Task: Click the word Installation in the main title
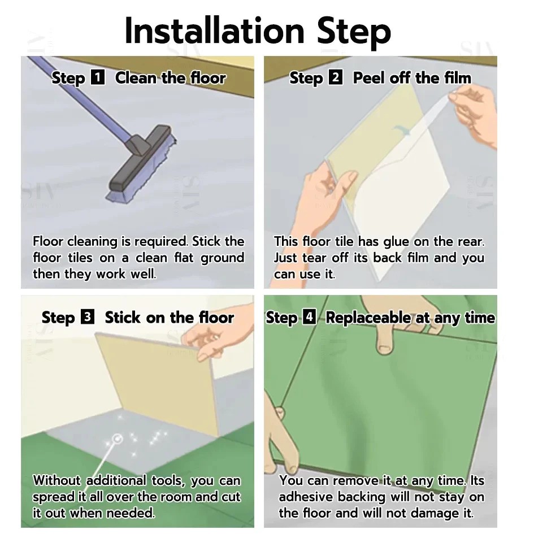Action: coord(215,31)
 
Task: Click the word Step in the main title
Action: coord(354,33)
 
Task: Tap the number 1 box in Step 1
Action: coord(98,77)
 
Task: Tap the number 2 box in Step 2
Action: coord(336,77)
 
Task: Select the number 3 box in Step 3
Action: coord(88,317)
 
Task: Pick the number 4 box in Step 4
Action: coord(310,317)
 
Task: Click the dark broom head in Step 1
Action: coord(140,158)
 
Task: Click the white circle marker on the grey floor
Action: coord(118,439)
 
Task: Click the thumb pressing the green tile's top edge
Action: coord(385,341)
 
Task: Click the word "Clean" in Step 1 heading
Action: coord(136,78)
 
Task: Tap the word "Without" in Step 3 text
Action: coord(57,480)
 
